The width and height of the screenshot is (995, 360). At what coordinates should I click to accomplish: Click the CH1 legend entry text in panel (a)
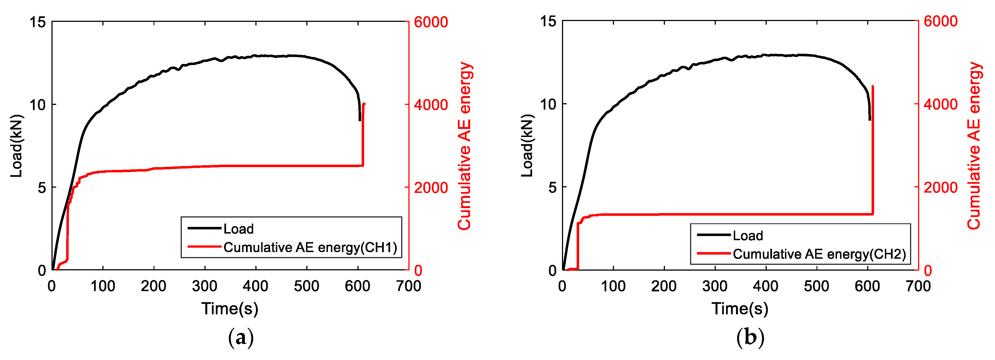310,247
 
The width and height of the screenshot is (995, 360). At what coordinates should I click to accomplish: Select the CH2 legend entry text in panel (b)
819,254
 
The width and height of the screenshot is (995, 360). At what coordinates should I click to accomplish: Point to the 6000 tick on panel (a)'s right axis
431,22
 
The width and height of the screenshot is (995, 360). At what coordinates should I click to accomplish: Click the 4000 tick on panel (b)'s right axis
940,104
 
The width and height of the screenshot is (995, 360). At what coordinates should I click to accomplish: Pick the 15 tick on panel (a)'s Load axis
37,22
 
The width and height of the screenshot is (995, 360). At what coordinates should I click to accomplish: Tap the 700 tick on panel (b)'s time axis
918,286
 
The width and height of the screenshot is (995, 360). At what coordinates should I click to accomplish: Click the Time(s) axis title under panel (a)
229,309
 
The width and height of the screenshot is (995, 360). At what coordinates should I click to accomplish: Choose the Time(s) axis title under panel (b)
740,309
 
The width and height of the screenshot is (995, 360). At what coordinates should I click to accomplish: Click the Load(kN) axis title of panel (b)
527,146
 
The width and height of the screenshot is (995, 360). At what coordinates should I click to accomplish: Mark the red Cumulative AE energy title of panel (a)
465,146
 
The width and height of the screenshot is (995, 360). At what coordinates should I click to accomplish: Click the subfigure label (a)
241,338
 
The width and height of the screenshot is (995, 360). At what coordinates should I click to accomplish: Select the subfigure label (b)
750,338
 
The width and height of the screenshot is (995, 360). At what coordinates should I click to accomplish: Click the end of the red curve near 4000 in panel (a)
364,104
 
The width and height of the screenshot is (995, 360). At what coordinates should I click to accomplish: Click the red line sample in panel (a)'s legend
204,247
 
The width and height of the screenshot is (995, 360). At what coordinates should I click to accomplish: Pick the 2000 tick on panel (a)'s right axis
431,188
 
